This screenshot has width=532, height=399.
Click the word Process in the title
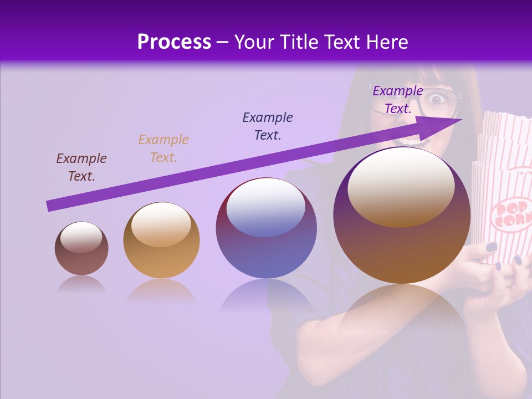point(174,42)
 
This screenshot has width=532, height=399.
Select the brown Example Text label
point(81,167)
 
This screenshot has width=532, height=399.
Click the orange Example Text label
point(163,149)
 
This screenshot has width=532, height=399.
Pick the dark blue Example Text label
point(268,126)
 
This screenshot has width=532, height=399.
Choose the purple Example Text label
point(398,100)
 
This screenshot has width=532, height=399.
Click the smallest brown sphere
point(81,248)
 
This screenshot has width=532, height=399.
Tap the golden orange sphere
point(161,240)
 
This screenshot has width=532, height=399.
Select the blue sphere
point(266,228)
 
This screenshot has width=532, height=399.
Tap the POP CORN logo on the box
point(513,216)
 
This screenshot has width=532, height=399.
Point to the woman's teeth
point(413,142)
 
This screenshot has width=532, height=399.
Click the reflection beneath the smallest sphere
point(81,284)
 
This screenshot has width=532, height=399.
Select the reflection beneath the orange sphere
point(161,291)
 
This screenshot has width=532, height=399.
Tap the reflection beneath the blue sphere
point(266,296)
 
